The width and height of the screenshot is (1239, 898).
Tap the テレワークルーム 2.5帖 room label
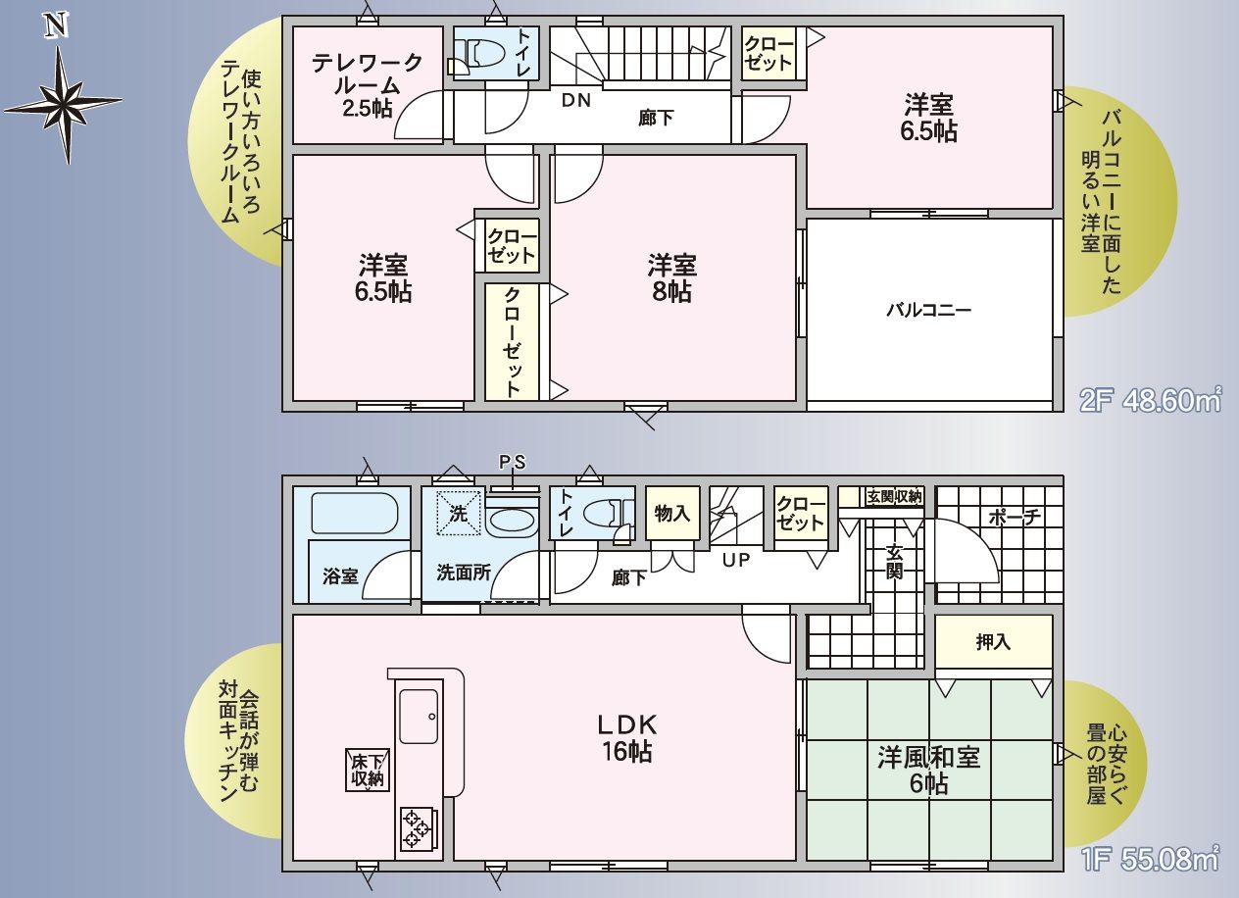pos(368,85)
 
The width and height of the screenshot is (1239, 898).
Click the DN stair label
pos(576,100)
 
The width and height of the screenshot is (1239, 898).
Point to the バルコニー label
pos(928,310)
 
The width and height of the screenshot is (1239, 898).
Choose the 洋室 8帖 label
pos(672,277)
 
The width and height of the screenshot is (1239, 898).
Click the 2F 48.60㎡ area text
pos(1151,401)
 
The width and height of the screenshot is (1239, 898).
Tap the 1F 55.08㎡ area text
pos(1151,860)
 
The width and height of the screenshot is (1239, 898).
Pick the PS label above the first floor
pos(513,462)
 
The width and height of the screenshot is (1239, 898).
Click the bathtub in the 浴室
pos(354,514)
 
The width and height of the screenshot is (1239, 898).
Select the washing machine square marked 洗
pos(458,514)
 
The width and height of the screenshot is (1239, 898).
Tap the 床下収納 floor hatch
pos(368,771)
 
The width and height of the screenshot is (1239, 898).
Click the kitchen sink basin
pos(419,717)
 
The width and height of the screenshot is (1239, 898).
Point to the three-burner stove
pos(417,828)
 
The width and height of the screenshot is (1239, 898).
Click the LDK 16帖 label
pos(627,738)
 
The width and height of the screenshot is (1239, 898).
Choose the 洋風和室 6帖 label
pos(929,771)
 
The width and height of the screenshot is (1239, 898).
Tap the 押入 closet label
pos(993,642)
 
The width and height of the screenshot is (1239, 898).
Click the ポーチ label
pos(1015,518)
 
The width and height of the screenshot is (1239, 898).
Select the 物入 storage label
pos(672,514)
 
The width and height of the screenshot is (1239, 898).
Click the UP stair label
pos(736,560)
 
